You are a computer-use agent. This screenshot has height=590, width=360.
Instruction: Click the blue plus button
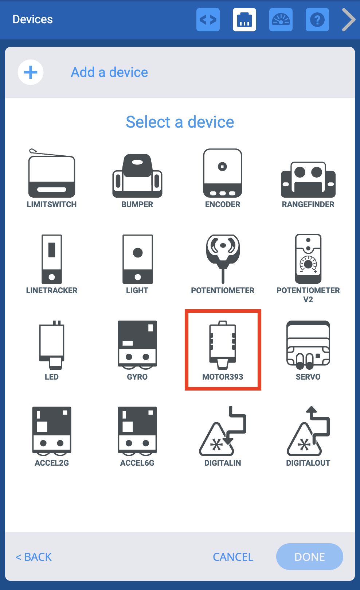[x=31, y=72]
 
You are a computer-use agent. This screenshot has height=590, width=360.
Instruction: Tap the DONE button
[x=309, y=556]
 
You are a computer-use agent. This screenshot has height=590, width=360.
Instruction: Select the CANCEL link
[x=233, y=557]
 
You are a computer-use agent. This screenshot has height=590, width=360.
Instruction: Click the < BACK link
[x=34, y=557]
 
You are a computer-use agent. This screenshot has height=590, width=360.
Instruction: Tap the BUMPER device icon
[x=137, y=175]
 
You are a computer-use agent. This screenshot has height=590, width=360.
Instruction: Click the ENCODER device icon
[x=223, y=173]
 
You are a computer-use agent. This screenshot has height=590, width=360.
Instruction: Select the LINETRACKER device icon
[x=52, y=259]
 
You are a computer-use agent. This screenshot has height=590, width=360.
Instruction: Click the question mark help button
[x=317, y=20]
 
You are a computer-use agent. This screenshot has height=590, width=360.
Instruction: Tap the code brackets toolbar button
[x=208, y=20]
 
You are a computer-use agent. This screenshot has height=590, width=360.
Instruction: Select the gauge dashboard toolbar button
[x=281, y=20]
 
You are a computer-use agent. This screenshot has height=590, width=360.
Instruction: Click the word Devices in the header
[x=33, y=19]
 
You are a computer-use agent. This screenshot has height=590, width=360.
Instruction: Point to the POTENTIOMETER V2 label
[x=308, y=295]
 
